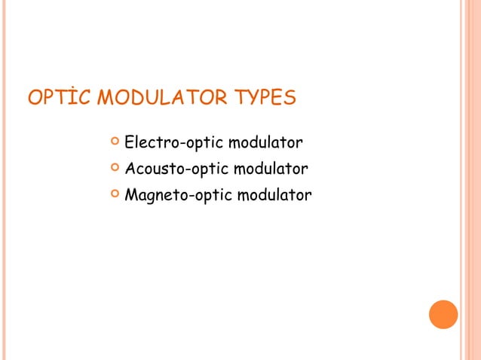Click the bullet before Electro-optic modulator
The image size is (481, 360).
[x=114, y=141]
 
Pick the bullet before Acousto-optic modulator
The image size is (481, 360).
[x=114, y=168]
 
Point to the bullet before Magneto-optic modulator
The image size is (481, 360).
[x=114, y=195]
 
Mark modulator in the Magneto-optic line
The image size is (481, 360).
[x=274, y=196]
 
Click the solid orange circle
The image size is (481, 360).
[x=443, y=314]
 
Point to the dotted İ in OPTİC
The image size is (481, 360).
[x=71, y=99]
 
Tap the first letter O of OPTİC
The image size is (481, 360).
[x=35, y=99]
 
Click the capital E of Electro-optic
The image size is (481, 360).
[x=129, y=142]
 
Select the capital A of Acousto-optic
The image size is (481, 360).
[x=130, y=169]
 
